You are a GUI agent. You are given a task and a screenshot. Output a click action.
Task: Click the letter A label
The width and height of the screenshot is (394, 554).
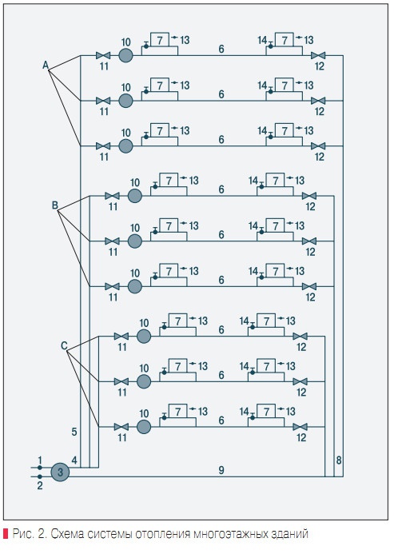[x=46, y=65]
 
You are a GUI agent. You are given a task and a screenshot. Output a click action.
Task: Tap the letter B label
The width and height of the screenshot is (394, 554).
[x=55, y=205]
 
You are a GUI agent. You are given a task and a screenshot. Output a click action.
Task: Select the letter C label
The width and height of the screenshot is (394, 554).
[x=64, y=345]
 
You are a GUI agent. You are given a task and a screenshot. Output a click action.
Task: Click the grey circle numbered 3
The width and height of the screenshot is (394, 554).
[x=61, y=472]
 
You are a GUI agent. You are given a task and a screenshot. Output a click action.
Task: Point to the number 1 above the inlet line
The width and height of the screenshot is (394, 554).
[x=40, y=460]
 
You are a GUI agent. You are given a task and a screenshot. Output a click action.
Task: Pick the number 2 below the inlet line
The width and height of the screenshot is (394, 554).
[x=40, y=486]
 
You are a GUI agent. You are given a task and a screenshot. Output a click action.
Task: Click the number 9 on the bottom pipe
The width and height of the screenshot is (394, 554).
[x=221, y=470]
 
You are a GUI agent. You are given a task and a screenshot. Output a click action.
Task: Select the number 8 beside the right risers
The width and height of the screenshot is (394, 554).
[x=339, y=460]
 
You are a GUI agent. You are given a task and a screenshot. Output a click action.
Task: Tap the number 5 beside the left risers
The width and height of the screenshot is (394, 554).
[x=74, y=432]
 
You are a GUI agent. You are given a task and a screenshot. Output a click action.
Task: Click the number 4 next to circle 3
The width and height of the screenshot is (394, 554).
[x=74, y=460]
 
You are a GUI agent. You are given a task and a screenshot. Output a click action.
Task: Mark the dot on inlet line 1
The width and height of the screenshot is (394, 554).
[x=40, y=468]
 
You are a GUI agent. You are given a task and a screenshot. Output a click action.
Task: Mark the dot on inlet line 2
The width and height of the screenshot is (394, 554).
[x=40, y=476]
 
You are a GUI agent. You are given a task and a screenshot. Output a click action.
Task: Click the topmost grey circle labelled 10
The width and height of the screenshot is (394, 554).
[x=125, y=55]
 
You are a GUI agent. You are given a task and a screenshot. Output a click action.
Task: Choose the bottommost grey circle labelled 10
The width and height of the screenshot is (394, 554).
[x=144, y=427]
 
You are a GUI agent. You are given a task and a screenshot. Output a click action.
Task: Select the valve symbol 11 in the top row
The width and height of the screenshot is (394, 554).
[x=103, y=55]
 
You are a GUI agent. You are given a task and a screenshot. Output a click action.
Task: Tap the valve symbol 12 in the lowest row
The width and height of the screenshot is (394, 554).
[x=300, y=427]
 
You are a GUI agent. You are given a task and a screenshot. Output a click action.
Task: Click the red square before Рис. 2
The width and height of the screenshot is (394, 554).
[x=6, y=533]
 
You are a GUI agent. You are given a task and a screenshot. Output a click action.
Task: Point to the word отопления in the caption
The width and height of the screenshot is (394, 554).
[x=162, y=533]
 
